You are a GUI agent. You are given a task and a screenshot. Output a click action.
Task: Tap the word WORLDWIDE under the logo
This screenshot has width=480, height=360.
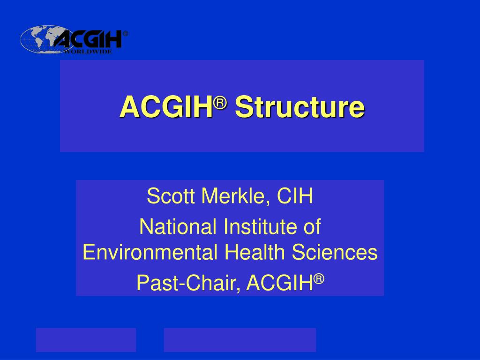pyautogui.click(x=88, y=52)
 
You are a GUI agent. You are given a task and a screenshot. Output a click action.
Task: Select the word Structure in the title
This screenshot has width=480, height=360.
pyautogui.click(x=300, y=107)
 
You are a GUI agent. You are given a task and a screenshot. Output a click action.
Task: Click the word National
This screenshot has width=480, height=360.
pyautogui.click(x=178, y=227)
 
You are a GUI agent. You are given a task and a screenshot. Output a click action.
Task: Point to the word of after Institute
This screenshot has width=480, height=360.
pyautogui.click(x=311, y=227)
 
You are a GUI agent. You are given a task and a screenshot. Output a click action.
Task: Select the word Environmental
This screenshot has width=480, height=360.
pyautogui.click(x=150, y=253)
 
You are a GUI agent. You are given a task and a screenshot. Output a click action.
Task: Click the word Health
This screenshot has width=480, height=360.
pyautogui.click(x=255, y=253)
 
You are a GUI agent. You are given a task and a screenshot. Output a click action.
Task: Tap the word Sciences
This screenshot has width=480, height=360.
pyautogui.click(x=335, y=253)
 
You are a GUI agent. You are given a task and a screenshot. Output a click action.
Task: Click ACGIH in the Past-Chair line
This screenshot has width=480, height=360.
pyautogui.click(x=279, y=282)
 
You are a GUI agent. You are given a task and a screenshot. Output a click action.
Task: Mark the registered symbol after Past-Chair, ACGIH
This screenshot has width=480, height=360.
pyautogui.click(x=319, y=278)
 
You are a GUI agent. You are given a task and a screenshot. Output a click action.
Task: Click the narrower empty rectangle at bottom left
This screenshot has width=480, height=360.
pyautogui.click(x=86, y=340)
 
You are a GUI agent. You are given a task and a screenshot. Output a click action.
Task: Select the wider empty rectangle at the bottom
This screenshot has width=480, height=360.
pyautogui.click(x=240, y=340)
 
